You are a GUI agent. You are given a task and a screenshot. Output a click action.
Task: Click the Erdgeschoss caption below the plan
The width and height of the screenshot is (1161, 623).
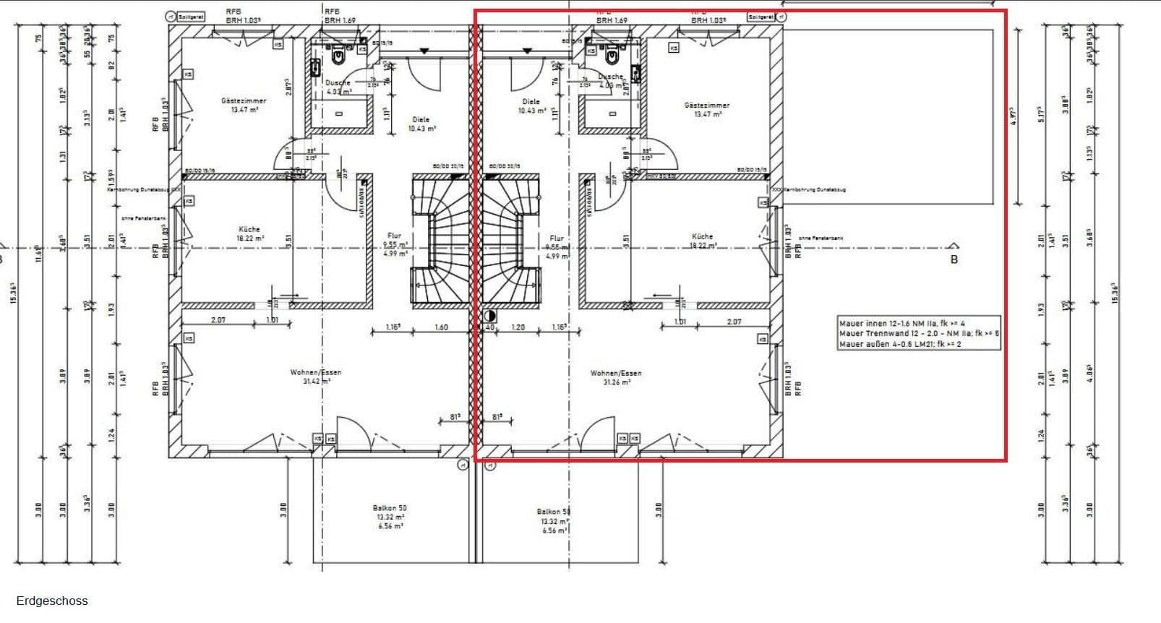[x=52, y=601]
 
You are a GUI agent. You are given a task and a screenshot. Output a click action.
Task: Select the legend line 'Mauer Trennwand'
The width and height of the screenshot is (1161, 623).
[x=919, y=334]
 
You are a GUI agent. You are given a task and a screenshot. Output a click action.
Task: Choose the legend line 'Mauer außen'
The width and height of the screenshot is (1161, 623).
[x=900, y=344]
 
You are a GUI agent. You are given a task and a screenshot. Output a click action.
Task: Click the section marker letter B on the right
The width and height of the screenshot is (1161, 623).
[x=954, y=259]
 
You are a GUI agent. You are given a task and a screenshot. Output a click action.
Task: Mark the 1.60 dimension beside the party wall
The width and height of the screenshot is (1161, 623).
[x=441, y=327]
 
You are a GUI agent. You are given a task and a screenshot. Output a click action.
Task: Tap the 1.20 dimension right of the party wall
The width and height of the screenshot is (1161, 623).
[x=518, y=327]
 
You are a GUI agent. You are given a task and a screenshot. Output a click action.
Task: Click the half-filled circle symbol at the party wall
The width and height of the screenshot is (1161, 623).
[x=490, y=316]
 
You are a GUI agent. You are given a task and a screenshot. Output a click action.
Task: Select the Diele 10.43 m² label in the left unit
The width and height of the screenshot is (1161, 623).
[x=421, y=124]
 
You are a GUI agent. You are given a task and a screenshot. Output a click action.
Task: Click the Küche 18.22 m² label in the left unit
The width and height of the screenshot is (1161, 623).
[x=249, y=233]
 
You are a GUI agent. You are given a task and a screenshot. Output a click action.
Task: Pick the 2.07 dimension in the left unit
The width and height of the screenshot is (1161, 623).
[x=218, y=319]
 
